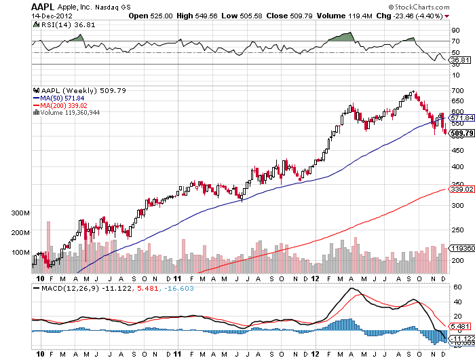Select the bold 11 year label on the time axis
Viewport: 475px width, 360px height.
click(176, 278)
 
